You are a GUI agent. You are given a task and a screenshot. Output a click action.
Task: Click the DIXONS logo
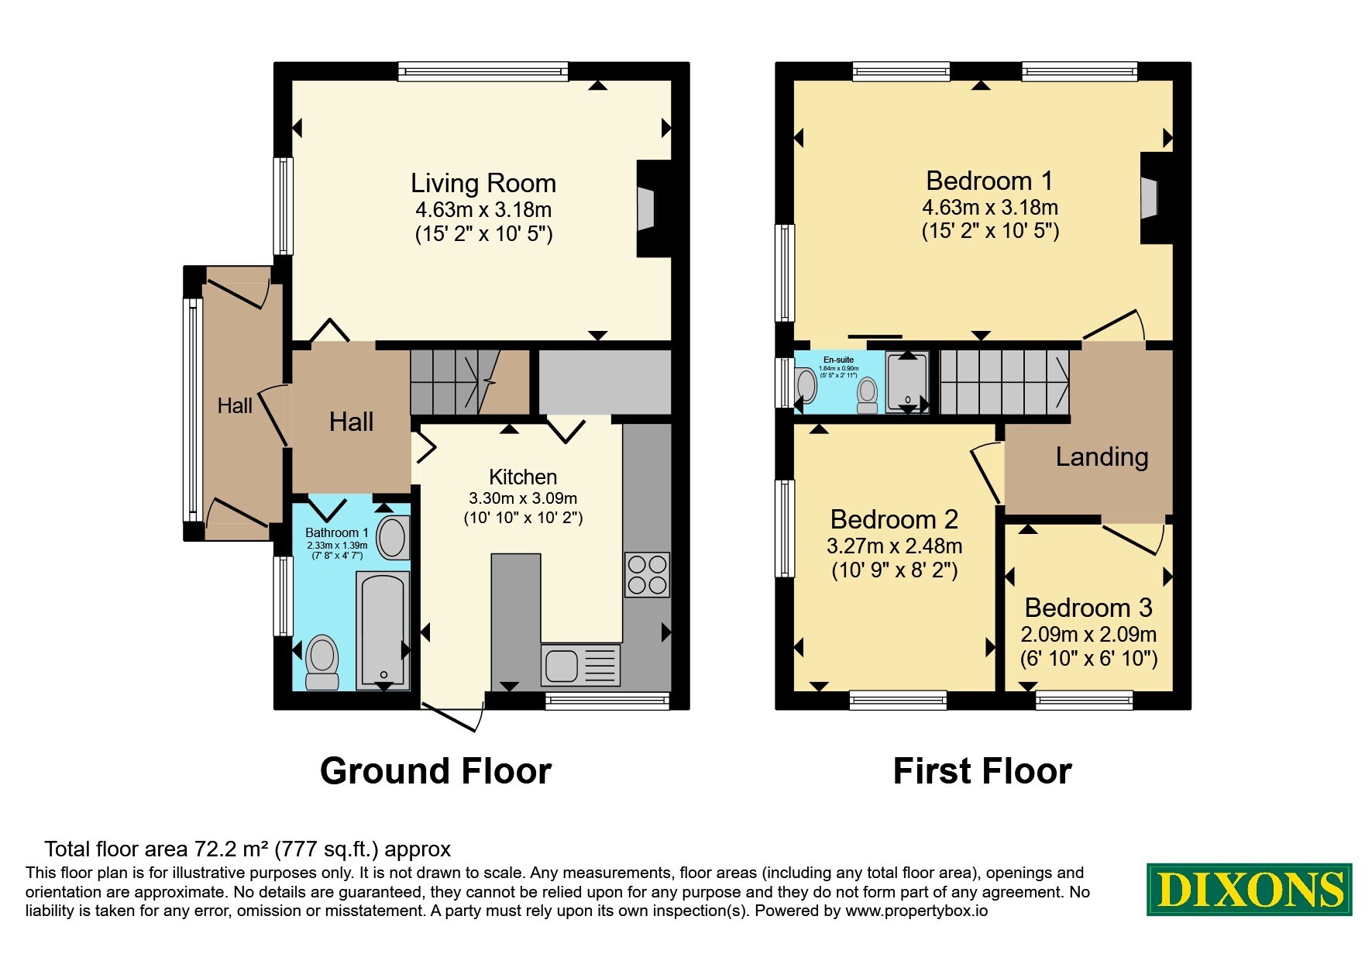click(x=1249, y=889)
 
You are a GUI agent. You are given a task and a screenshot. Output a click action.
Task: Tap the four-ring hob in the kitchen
click(x=648, y=574)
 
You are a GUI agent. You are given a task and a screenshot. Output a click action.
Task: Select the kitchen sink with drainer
click(x=581, y=665)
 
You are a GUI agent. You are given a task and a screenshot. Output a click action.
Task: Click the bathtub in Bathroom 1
click(x=383, y=630)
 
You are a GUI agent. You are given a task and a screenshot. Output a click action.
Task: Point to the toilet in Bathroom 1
click(x=322, y=662)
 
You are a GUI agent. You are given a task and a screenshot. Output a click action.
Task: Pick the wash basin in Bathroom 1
click(x=393, y=537)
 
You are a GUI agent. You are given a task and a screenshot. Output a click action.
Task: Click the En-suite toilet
click(x=868, y=395)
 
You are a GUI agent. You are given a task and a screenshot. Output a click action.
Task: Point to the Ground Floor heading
click(x=435, y=771)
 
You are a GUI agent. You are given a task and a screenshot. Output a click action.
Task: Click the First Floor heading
click(x=982, y=771)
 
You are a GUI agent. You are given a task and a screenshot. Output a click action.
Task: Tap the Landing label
click(x=1102, y=456)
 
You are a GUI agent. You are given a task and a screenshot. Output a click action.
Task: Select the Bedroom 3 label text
click(x=1088, y=607)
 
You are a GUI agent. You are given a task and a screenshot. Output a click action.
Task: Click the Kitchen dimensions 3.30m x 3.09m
click(x=523, y=498)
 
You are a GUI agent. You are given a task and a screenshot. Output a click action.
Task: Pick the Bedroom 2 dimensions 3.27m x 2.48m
click(x=895, y=546)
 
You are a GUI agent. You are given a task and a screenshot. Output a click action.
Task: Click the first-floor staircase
click(x=1005, y=382)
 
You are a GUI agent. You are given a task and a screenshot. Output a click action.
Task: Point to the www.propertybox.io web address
click(x=916, y=911)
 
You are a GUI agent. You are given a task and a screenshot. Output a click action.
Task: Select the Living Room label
click(x=483, y=183)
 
